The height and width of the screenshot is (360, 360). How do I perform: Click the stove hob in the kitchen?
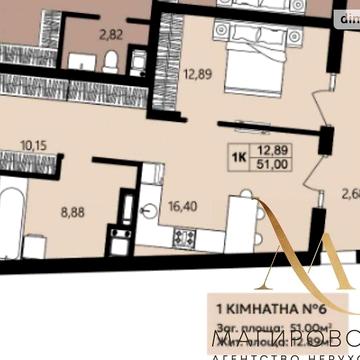pos(184,238)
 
